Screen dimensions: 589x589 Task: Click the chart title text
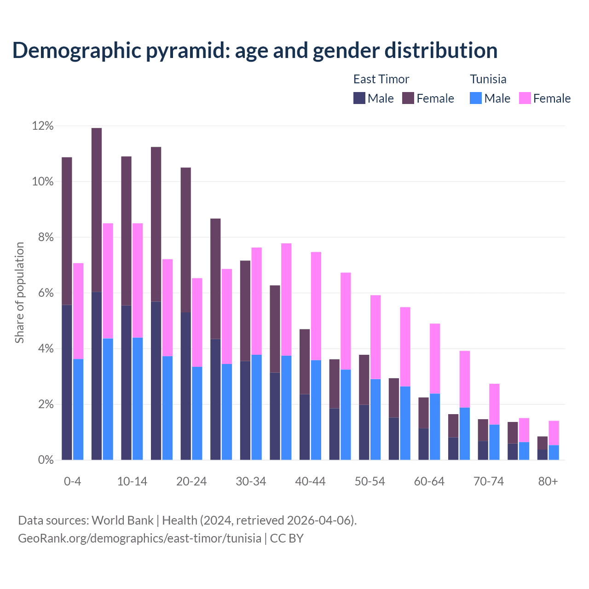(254, 51)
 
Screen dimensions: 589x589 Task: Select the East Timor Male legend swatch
(359, 98)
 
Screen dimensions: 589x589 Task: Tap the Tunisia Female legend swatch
(525, 98)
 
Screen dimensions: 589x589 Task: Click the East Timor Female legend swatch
(408, 98)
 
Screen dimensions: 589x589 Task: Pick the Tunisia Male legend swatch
(476, 98)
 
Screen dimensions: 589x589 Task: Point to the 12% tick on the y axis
(43, 126)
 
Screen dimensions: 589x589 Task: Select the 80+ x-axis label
(548, 481)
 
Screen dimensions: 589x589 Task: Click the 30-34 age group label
(251, 481)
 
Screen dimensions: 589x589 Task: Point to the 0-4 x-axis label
(73, 481)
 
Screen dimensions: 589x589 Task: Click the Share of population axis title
(19, 293)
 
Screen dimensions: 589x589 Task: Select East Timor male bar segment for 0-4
(67, 382)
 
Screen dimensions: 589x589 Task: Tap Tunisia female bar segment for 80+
(554, 433)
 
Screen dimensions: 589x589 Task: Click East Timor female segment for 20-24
(186, 239)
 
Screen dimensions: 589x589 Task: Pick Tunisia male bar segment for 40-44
(316, 410)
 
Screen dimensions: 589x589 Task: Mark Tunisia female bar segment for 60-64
(435, 358)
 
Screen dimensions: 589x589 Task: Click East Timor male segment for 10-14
(126, 382)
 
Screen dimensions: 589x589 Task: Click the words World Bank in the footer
(122, 520)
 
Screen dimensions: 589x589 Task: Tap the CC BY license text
(287, 538)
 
